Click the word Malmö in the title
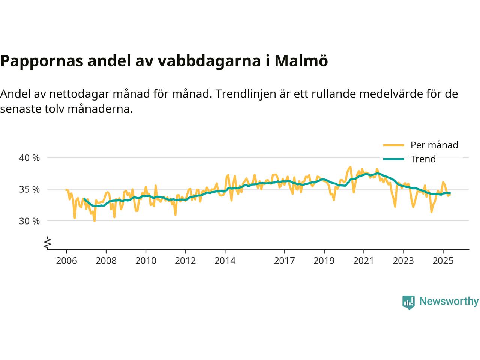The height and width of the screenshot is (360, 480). (x=301, y=61)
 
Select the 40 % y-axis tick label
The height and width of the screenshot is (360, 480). (x=29, y=158)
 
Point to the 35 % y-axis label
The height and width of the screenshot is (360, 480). (x=29, y=189)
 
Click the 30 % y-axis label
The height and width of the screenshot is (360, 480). (x=29, y=221)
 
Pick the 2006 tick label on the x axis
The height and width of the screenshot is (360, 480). (x=66, y=260)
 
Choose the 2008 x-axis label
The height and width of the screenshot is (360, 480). (x=106, y=260)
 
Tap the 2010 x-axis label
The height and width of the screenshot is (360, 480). (x=146, y=260)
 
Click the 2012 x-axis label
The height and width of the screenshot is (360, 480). (x=185, y=260)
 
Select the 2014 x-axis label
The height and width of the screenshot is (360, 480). (x=225, y=260)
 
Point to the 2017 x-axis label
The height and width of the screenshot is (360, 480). (x=285, y=260)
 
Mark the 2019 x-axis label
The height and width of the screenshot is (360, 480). (x=324, y=260)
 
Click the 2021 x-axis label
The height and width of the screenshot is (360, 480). (x=364, y=260)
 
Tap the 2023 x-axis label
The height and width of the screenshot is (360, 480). (x=403, y=260)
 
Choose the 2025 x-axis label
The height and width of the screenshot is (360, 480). (x=443, y=260)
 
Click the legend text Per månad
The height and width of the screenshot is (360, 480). (x=434, y=145)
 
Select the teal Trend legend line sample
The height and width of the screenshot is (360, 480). (x=393, y=159)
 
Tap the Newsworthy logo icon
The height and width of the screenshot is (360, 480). (x=408, y=302)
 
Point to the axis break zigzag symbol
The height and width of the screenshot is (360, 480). (x=47, y=243)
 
